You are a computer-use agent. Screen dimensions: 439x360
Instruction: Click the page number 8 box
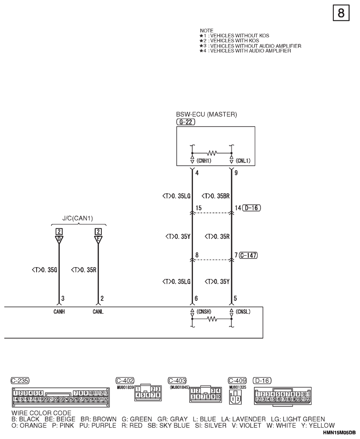[341, 13]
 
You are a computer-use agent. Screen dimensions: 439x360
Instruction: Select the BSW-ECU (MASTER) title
[206, 115]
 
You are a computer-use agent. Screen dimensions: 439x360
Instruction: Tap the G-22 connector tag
[184, 122]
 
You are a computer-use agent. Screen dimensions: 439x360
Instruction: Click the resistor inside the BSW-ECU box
[212, 153]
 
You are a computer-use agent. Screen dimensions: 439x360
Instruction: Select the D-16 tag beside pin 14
[251, 208]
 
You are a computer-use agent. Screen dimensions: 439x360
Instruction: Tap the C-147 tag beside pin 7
[248, 255]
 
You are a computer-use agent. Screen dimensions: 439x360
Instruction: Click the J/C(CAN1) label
[77, 218]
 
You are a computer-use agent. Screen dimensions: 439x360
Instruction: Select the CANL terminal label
[98, 311]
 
